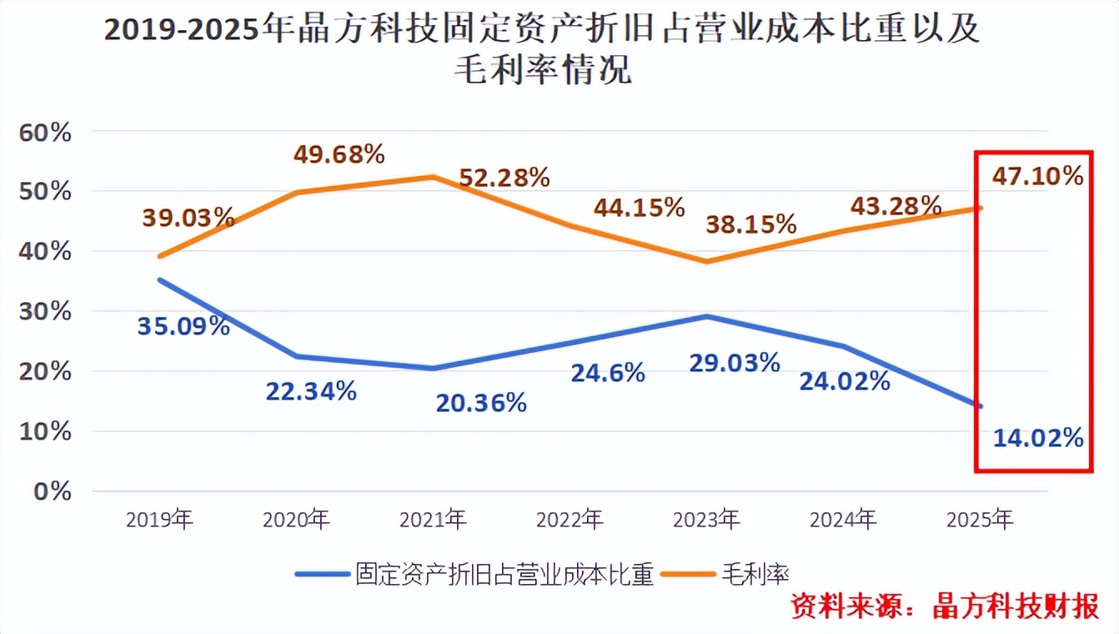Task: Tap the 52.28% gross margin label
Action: [x=504, y=178]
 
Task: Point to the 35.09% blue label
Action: [x=183, y=326]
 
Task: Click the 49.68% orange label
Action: [x=339, y=154]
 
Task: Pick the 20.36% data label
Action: [x=481, y=403]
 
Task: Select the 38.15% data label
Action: [x=751, y=224]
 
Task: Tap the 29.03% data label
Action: [x=735, y=363]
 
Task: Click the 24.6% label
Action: [x=608, y=373]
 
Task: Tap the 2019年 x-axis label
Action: [x=159, y=521]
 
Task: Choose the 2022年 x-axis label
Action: [x=570, y=521]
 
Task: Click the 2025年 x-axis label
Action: [x=980, y=521]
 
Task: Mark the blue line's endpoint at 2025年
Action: [x=980, y=406]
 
